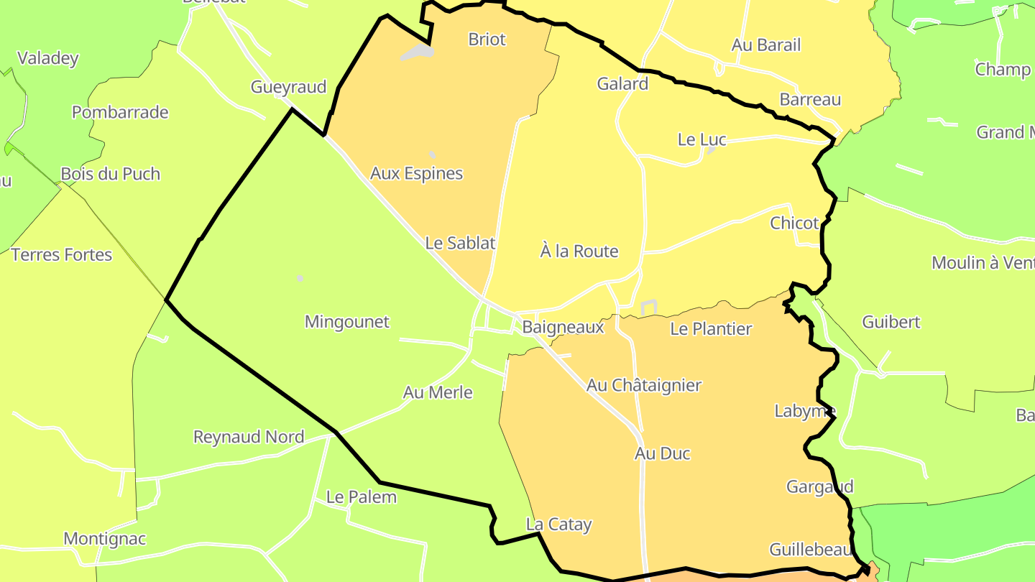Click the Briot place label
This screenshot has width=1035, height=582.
(x=487, y=40)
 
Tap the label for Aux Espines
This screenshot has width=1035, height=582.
(x=416, y=173)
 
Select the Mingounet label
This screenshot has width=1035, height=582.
(x=346, y=322)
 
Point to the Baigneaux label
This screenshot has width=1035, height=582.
(x=563, y=327)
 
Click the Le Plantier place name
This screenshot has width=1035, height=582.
(x=710, y=329)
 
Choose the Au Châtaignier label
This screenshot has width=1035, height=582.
(x=643, y=385)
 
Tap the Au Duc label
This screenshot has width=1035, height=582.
(x=662, y=453)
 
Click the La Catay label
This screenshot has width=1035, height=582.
(x=558, y=525)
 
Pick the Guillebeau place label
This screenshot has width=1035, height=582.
(x=810, y=550)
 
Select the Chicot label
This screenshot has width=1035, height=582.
(x=794, y=223)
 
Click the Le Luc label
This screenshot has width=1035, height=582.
(x=701, y=139)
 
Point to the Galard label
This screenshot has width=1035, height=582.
(x=622, y=84)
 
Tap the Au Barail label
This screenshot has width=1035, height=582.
(x=765, y=45)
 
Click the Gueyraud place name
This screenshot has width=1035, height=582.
(x=288, y=88)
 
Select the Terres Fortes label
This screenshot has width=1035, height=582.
(x=62, y=254)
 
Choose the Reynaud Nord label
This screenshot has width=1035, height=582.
(x=248, y=437)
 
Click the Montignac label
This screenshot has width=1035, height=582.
(x=104, y=539)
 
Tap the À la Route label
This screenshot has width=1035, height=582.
(x=579, y=251)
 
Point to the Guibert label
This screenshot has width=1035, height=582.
(x=891, y=322)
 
